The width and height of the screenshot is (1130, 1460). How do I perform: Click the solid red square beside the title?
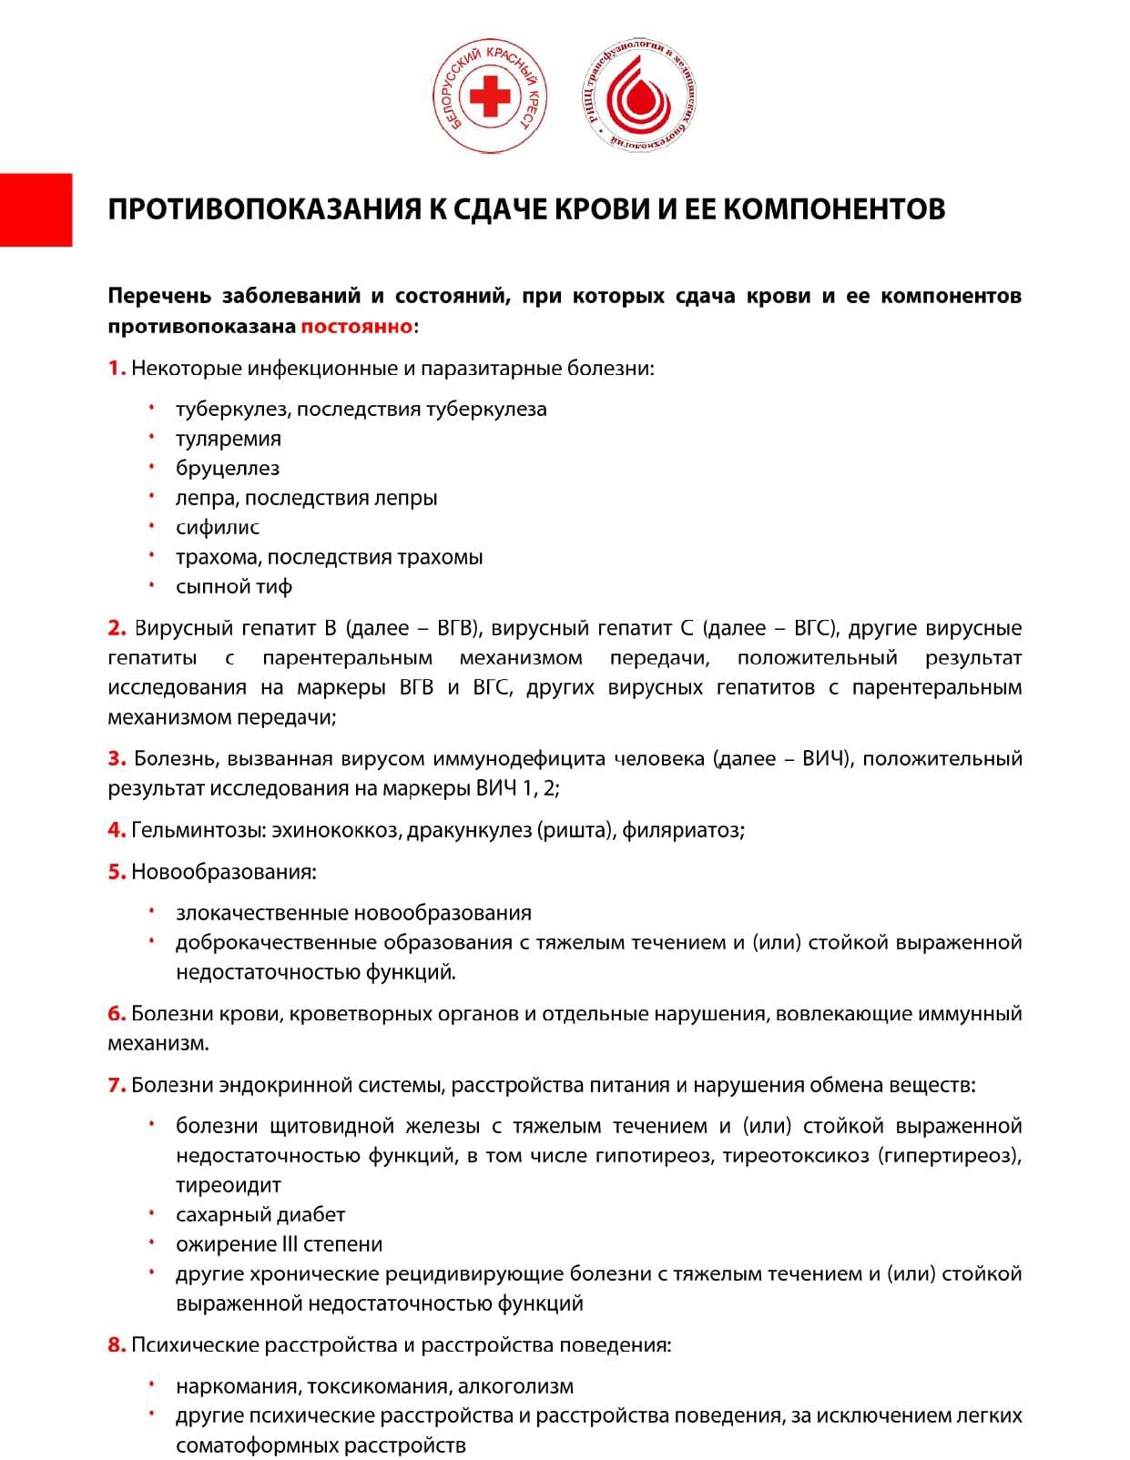point(36,209)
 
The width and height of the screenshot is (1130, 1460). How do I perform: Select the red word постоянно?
point(356,326)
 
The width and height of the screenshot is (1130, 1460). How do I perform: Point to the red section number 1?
point(117,369)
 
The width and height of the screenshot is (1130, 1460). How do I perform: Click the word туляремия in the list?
point(229,439)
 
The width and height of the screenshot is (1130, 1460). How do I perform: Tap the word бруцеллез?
point(228,469)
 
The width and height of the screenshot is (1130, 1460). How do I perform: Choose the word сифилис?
point(218,528)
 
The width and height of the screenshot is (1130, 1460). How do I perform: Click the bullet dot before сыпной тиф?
point(153,585)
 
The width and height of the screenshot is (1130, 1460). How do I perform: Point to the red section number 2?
point(117,628)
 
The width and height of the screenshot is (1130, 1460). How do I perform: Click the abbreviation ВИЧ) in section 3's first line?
point(828,759)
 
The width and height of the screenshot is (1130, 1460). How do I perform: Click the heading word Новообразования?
point(224,872)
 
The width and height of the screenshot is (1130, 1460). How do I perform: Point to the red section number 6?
point(117,1014)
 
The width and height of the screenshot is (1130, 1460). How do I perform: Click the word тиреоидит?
point(229,1186)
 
